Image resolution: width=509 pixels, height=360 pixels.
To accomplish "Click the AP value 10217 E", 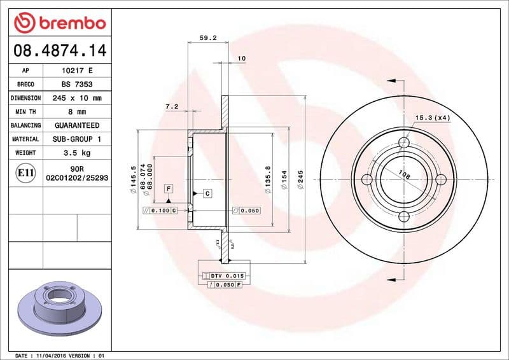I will (x=77, y=71).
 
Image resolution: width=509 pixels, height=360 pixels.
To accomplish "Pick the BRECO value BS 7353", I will (x=77, y=84).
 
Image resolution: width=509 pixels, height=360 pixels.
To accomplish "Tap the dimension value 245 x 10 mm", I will (x=77, y=98).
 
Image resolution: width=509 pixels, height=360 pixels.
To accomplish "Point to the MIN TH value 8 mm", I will (x=77, y=111).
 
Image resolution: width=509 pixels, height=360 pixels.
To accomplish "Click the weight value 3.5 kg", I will (x=77, y=153).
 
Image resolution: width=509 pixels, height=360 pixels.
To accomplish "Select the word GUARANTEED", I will (x=77, y=125).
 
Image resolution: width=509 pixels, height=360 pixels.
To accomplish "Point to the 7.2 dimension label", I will (x=171, y=107).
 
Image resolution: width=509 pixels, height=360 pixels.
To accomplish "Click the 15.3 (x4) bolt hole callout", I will (x=433, y=118).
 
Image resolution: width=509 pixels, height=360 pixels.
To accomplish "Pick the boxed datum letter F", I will (x=169, y=188).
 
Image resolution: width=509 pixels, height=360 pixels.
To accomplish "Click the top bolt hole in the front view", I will (x=403, y=142).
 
